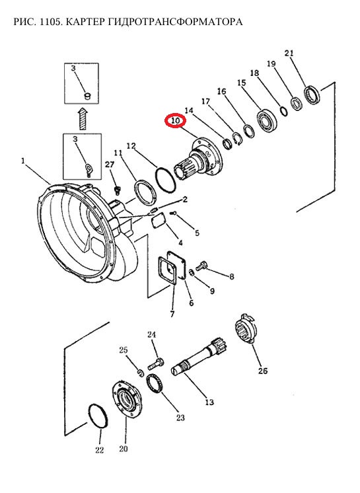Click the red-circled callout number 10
tap(176, 121)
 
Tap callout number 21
tap(289, 53)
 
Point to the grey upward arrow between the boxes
tap(83, 118)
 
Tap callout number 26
tap(263, 371)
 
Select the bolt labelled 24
tap(155, 363)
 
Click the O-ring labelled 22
tap(98, 416)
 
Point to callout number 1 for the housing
tap(23, 161)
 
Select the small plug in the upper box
tap(87, 95)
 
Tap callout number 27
tap(110, 165)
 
